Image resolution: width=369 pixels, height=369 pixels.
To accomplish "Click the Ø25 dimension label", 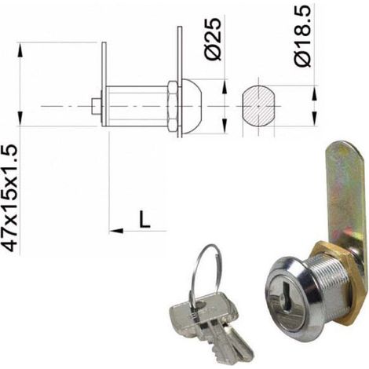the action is pyautogui.click(x=213, y=39).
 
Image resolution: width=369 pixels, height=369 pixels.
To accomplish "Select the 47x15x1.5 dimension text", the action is pyautogui.click(x=9, y=198).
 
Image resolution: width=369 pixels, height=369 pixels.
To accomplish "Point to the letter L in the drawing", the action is pyautogui.click(x=144, y=219).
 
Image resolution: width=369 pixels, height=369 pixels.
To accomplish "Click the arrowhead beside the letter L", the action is pyautogui.click(x=116, y=231).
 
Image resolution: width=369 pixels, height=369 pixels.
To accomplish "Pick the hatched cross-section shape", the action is pyautogui.click(x=258, y=106).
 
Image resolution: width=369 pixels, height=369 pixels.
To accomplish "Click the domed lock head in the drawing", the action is pyautogui.click(x=192, y=106).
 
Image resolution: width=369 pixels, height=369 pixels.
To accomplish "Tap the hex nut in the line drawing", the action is pyautogui.click(x=173, y=106).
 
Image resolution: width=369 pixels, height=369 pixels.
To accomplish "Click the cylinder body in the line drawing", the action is pyautogui.click(x=137, y=106).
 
